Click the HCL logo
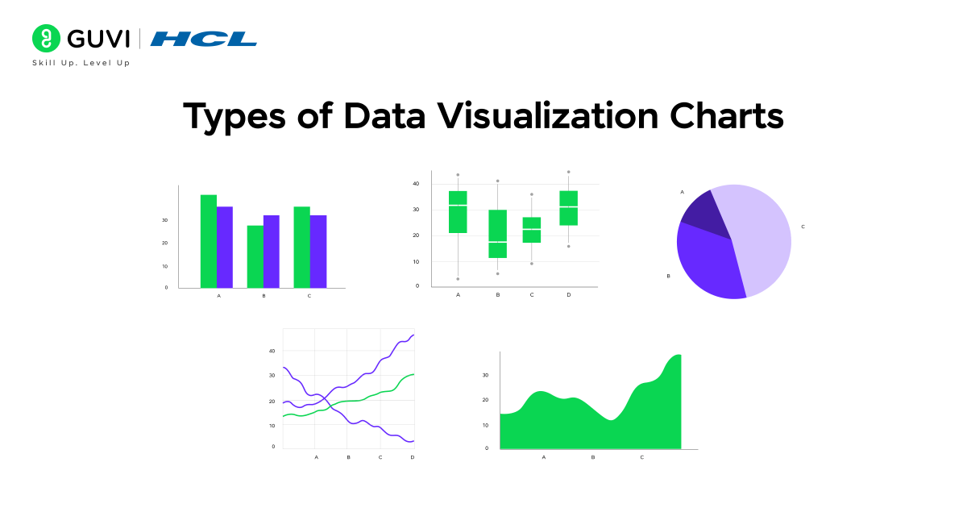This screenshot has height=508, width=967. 204,39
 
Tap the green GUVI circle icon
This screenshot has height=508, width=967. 46,39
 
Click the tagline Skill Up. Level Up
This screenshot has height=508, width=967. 81,63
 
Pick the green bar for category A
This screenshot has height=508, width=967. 209,241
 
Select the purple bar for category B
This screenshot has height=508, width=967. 271,252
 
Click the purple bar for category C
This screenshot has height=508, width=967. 317,252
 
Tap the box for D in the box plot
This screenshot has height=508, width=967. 568,208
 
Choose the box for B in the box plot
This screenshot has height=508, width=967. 497,234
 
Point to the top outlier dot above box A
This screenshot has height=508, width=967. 458,175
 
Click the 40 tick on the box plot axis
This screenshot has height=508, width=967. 416,184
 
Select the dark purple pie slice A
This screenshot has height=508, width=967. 698,208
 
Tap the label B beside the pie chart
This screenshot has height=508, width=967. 668,276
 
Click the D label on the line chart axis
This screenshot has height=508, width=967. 413,457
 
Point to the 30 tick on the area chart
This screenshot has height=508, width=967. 485,375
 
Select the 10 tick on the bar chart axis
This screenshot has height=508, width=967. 166,266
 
